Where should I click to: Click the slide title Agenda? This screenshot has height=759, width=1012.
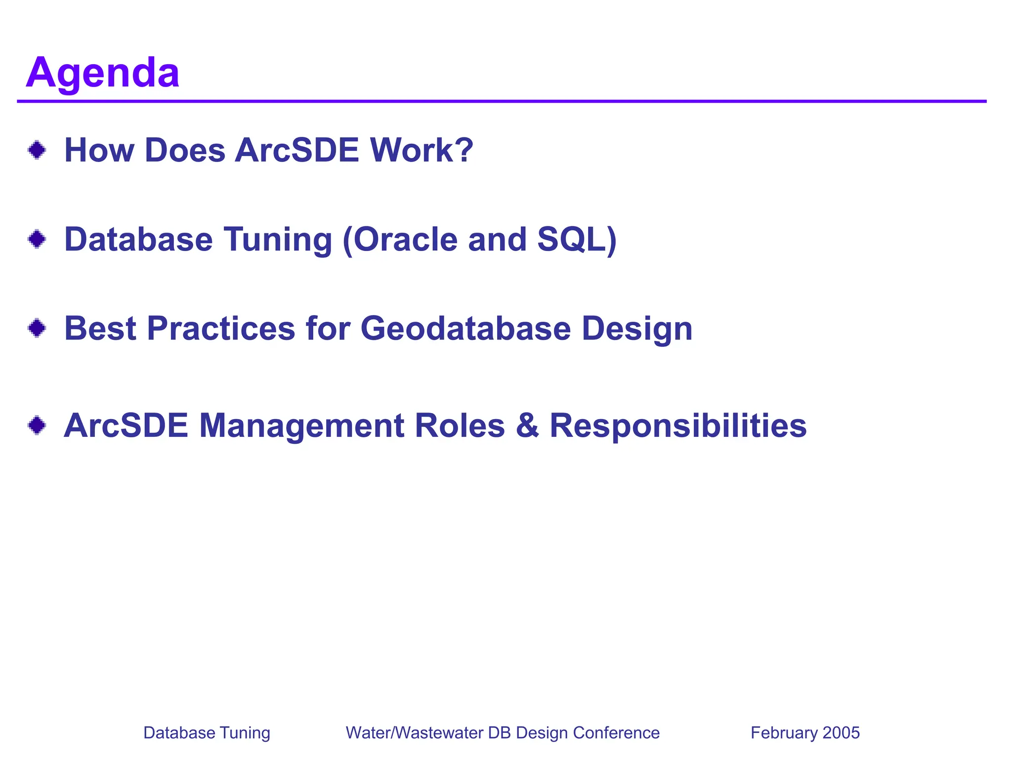pyautogui.click(x=103, y=73)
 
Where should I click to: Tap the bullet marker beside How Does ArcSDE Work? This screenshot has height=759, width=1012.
pyautogui.click(x=37, y=150)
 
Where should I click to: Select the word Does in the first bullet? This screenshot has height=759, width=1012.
pyautogui.click(x=185, y=150)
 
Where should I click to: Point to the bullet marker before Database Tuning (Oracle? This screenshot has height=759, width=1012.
pyautogui.click(x=37, y=240)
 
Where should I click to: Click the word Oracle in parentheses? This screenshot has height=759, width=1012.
pyautogui.click(x=400, y=240)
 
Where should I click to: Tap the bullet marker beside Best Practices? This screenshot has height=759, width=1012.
pyautogui.click(x=37, y=328)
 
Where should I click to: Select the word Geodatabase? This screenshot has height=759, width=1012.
pyautogui.click(x=465, y=329)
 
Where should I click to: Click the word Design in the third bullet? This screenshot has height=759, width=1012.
pyautogui.click(x=637, y=330)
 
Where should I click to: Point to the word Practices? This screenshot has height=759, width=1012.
pyautogui.click(x=221, y=329)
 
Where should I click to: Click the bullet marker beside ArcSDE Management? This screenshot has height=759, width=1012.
pyautogui.click(x=37, y=425)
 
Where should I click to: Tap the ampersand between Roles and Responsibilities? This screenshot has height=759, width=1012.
pyautogui.click(x=527, y=425)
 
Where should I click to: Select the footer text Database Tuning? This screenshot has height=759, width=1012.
pyautogui.click(x=207, y=732)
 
